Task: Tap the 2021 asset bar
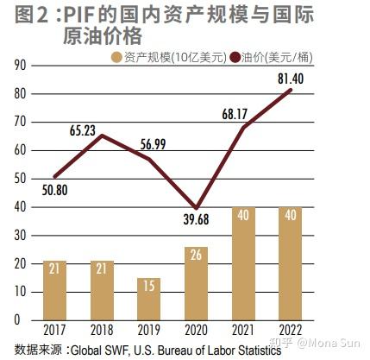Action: coord(244,263)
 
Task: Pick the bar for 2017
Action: coord(55,290)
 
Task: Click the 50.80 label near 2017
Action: coord(52,193)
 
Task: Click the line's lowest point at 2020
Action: coord(198,208)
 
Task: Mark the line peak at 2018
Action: coord(103,136)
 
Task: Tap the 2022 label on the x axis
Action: coord(292,330)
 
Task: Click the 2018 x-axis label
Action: coord(103,330)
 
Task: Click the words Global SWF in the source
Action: coord(103,348)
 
